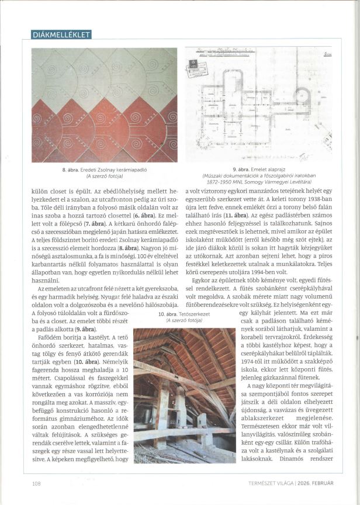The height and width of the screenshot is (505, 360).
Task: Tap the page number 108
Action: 37,483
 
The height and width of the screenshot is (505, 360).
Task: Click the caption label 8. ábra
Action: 71,170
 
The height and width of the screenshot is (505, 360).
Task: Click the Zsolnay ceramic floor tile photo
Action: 104,105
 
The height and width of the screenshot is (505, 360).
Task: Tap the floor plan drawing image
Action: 258,104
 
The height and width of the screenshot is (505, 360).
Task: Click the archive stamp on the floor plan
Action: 197,70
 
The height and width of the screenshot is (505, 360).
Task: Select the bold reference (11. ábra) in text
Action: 232,215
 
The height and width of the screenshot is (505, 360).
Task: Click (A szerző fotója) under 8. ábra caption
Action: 103,175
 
